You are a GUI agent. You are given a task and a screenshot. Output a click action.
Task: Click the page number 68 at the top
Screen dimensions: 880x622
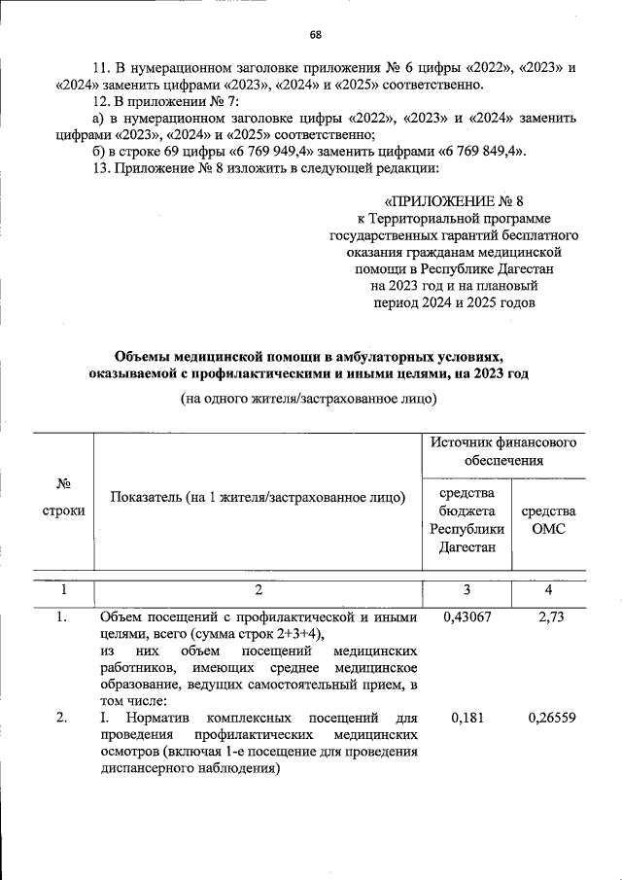coord(316,36)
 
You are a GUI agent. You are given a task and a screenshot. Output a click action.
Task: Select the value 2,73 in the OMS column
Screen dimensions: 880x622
coord(551,617)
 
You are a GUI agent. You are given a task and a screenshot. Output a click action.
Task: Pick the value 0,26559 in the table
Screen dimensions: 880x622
coord(551,719)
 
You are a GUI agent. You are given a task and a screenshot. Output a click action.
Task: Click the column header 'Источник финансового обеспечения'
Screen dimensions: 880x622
coord(501,451)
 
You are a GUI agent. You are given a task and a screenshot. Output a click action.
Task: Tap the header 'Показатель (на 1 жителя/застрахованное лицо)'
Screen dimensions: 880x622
coord(258,498)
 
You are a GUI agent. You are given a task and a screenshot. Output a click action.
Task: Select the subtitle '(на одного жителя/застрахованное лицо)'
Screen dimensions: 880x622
coord(309,399)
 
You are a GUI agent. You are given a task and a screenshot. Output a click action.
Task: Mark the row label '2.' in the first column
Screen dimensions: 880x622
coord(61,719)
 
